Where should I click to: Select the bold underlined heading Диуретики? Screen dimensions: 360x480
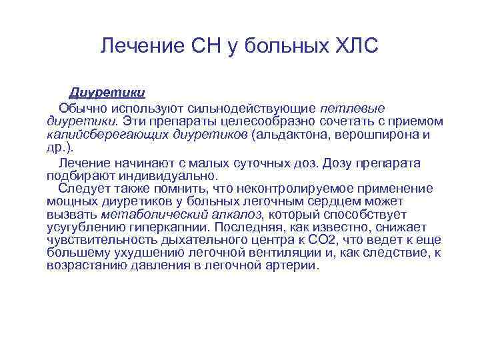[108, 91]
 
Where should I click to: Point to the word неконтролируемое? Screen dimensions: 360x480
[296, 189]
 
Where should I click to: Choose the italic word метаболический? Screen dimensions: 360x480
[150, 215]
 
